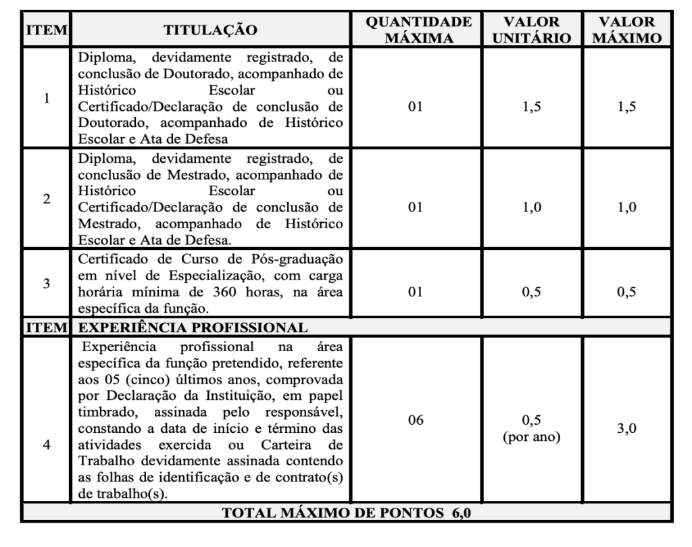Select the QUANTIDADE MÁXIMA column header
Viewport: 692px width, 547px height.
pos(419,30)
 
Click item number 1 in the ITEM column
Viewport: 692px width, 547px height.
pos(46,98)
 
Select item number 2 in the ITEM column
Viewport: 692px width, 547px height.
pos(46,200)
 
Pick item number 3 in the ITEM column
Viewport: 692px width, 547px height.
pos(46,284)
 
